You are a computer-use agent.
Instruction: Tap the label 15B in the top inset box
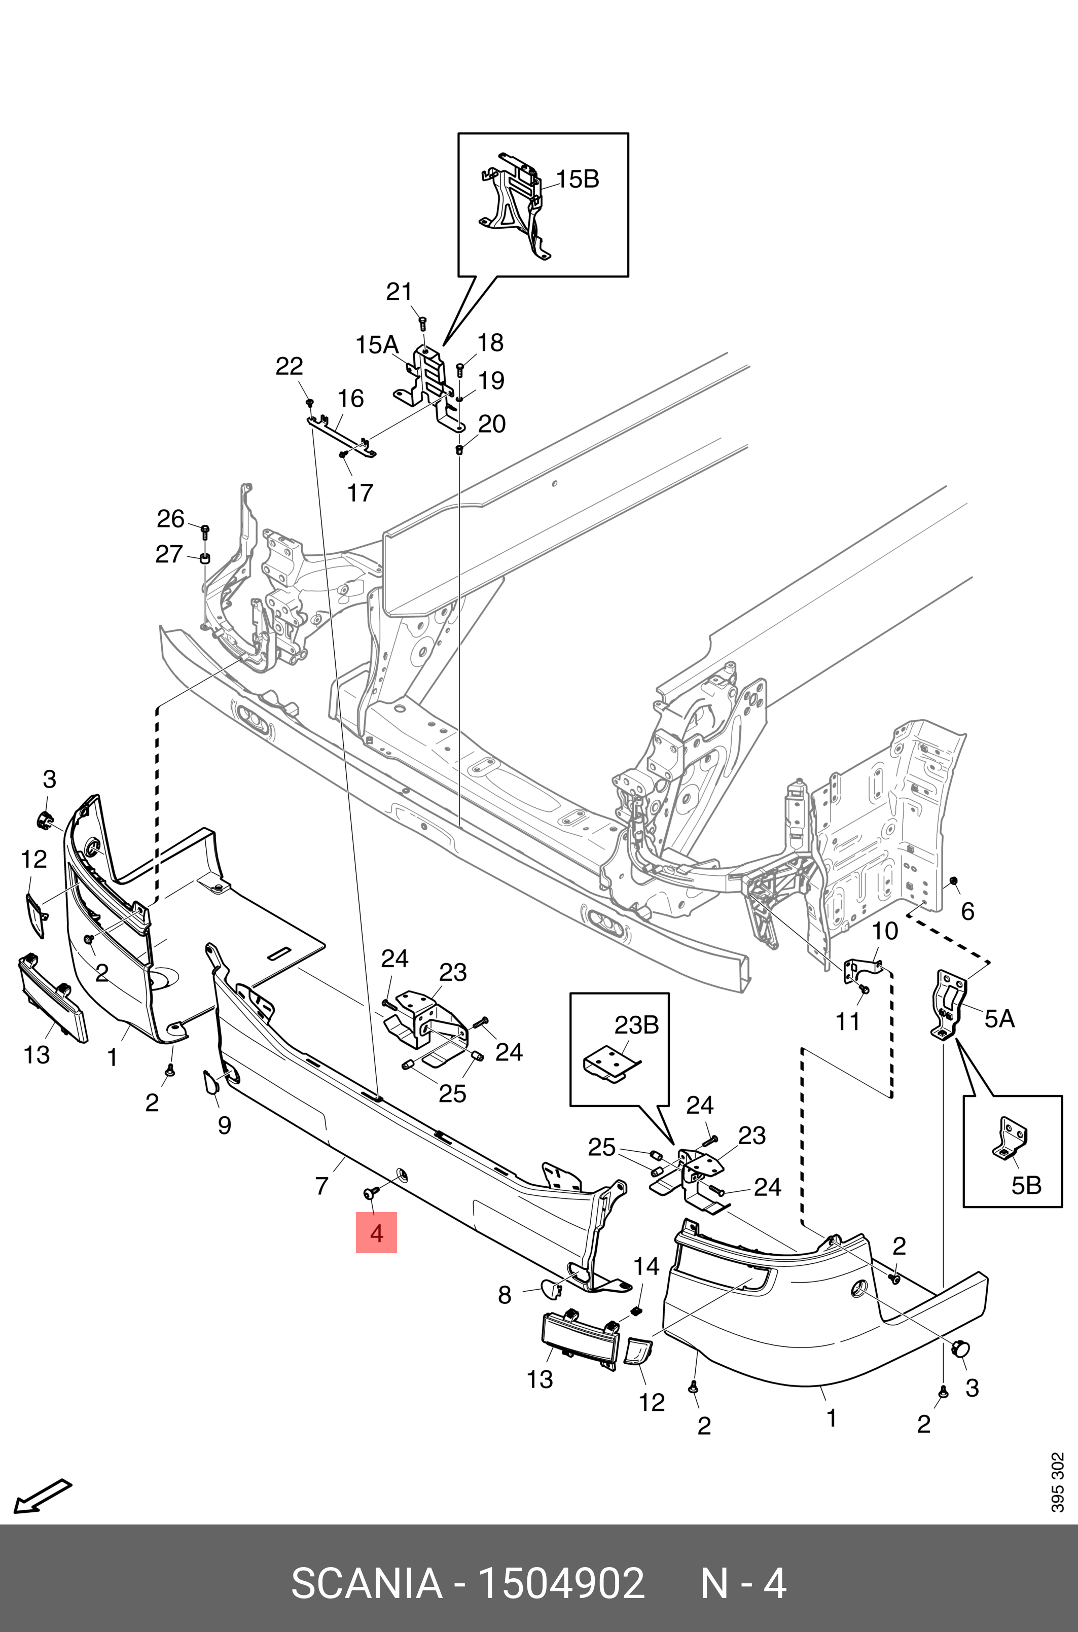[577, 180]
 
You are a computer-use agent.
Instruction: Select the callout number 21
[398, 292]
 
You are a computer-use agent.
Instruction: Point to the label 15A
[377, 344]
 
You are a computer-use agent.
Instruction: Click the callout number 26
[170, 518]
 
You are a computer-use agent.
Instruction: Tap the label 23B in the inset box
[636, 1024]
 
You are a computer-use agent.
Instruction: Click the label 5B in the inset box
[1026, 1185]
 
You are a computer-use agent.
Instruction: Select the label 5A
[999, 1018]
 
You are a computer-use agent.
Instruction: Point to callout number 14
[645, 1266]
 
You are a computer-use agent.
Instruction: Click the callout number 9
[224, 1125]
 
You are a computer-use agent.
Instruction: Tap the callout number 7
[321, 1185]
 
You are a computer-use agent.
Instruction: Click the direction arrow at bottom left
[43, 1495]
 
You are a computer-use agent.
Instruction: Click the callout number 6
[967, 911]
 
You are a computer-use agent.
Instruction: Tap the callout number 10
[885, 932]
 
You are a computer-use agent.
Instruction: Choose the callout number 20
[491, 424]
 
